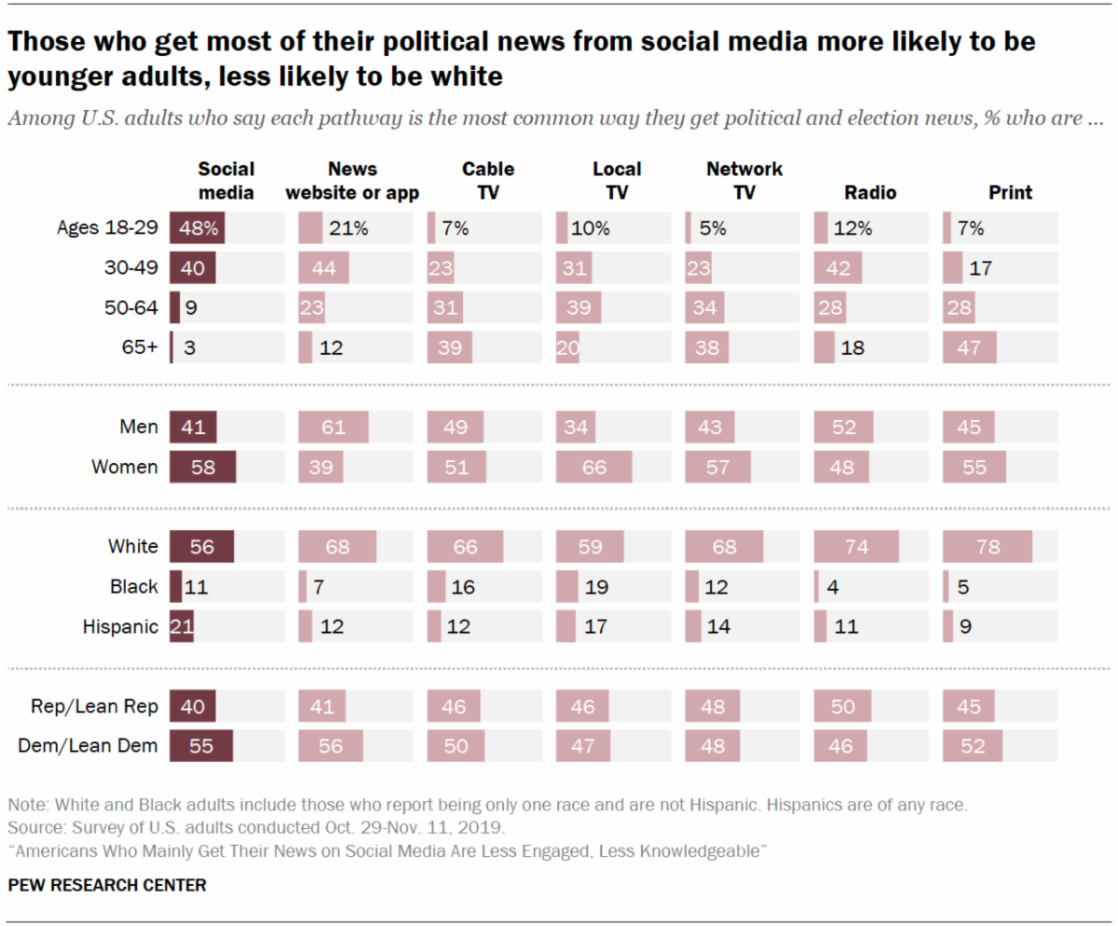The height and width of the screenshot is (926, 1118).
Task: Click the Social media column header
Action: [x=225, y=181]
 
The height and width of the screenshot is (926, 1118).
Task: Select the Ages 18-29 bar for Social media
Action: [x=198, y=228]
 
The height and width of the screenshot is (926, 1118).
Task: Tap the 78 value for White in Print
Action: [x=987, y=547]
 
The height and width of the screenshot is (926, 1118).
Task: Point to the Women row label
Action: [x=125, y=468]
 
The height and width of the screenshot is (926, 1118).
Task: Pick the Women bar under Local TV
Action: [x=593, y=468]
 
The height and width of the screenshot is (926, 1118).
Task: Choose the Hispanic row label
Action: [x=121, y=627]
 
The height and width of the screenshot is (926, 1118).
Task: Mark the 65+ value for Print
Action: [x=969, y=347]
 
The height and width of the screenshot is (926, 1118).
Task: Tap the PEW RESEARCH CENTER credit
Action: [x=106, y=884]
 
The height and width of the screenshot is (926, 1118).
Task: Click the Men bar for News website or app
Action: [x=333, y=428]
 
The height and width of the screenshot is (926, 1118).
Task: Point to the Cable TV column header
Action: [x=487, y=181]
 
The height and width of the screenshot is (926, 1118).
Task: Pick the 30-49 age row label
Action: [x=132, y=268]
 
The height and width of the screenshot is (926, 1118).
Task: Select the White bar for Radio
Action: [x=856, y=547]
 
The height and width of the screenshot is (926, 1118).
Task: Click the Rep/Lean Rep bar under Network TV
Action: [x=712, y=706]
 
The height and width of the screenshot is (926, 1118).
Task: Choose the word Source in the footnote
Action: [x=30, y=826]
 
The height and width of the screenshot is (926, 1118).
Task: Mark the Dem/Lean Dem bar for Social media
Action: [x=201, y=746]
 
